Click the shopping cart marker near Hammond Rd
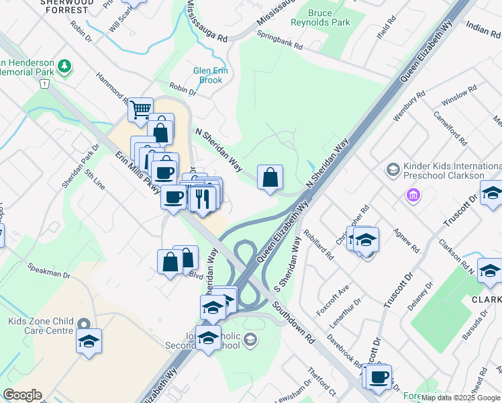[140, 109]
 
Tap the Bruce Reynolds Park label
[320, 17]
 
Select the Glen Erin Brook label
[207, 75]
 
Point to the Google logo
[21, 394]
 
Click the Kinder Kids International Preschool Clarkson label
[443, 171]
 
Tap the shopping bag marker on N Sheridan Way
[270, 178]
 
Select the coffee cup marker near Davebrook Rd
[379, 377]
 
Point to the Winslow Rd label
[459, 97]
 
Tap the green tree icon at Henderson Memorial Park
[64, 66]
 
